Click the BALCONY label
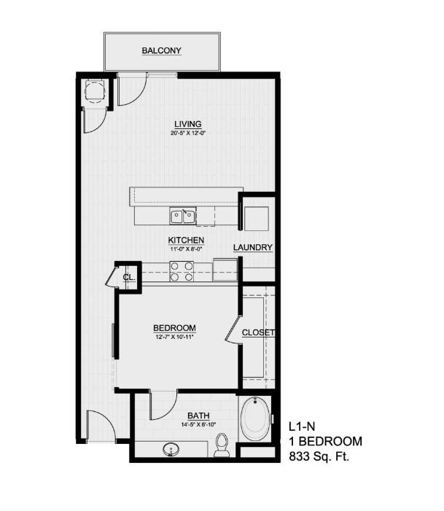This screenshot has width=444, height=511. tap(161, 51)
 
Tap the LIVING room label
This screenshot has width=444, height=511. tap(187, 124)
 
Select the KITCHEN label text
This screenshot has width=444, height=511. tap(186, 240)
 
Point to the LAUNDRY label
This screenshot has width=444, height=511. tap(253, 248)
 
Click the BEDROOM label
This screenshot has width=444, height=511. tap(175, 328)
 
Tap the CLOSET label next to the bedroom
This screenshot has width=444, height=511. tap(259, 332)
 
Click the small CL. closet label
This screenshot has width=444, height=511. tap(129, 277)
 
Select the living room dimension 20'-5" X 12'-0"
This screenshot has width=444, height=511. tap(187, 133)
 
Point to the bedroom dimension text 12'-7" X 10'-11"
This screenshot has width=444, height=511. tap(175, 338)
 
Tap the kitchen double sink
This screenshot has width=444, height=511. tap(183, 215)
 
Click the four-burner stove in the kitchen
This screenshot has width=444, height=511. tap(182, 271)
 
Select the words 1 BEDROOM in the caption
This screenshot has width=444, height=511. tap(325, 441)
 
